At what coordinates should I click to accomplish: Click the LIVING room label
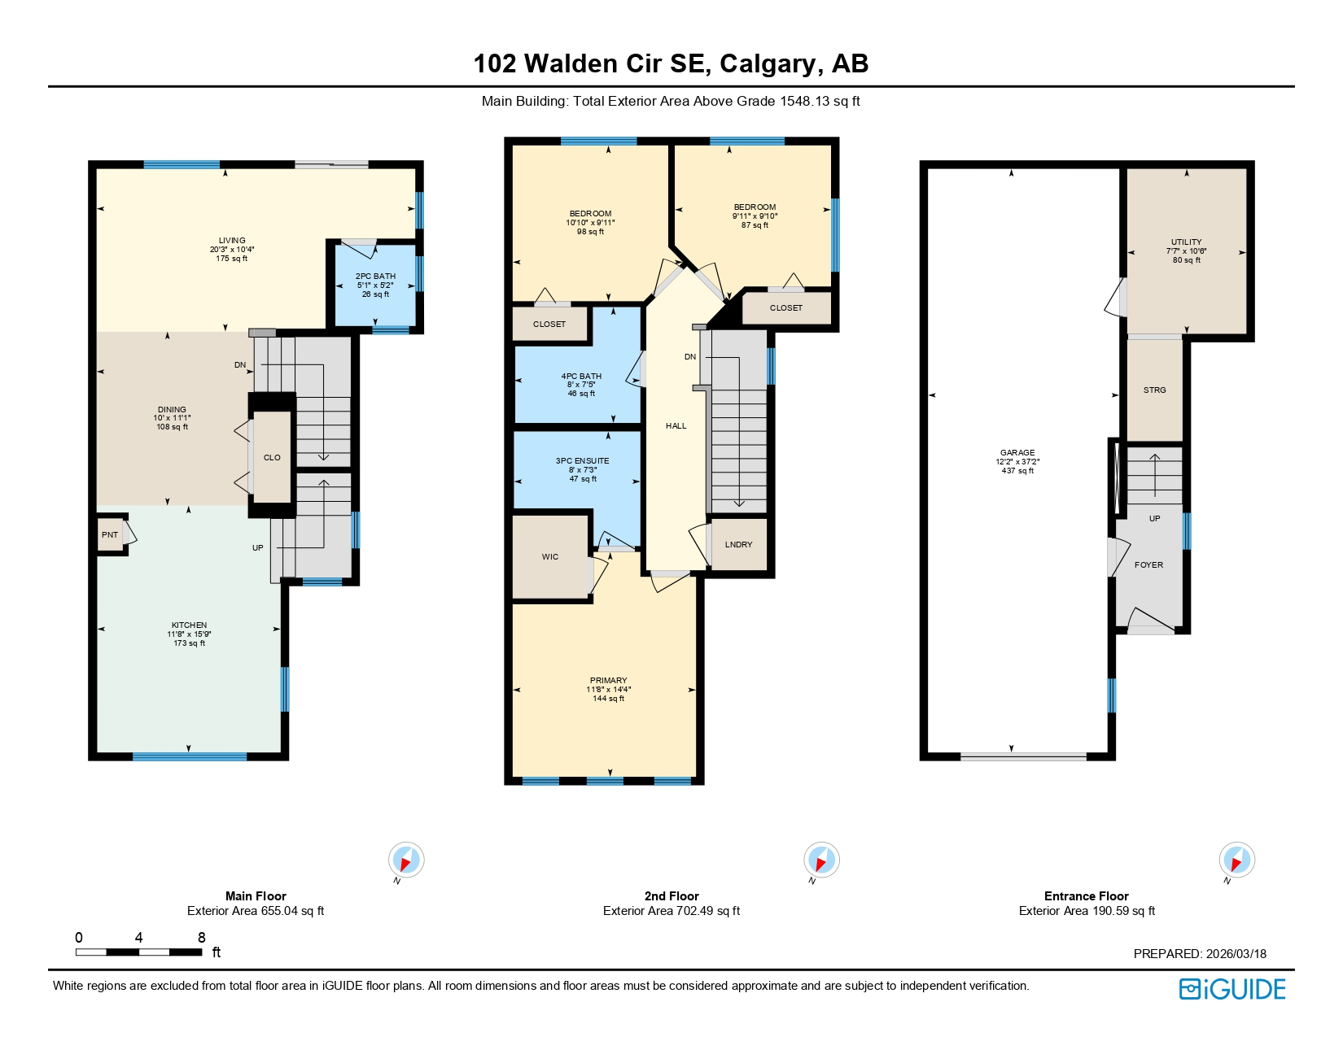tap(232, 241)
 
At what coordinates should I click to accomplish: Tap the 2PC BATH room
tap(375, 285)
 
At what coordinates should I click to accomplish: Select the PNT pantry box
tap(110, 535)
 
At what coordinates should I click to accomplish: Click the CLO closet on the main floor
tap(272, 458)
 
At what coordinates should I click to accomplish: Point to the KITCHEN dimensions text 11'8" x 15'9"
tap(189, 634)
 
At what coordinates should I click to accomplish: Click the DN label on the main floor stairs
tap(240, 365)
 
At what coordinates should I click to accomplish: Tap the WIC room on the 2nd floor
tap(550, 557)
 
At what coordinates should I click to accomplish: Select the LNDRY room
tap(739, 545)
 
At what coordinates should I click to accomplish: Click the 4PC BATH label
tap(581, 377)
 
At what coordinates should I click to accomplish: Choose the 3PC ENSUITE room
tap(582, 470)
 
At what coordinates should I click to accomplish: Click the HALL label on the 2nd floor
tap(676, 426)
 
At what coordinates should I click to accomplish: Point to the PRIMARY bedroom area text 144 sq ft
tap(608, 699)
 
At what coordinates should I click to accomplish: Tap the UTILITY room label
tap(1186, 242)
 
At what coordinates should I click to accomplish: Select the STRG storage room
tap(1154, 390)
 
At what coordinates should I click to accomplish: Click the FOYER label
tap(1148, 565)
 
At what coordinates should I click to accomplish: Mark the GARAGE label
tap(1017, 453)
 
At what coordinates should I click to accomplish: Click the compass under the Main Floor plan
tap(405, 861)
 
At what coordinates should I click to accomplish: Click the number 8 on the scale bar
tap(202, 938)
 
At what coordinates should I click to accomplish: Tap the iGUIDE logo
tap(1232, 989)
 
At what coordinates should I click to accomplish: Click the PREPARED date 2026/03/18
tap(1236, 954)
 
